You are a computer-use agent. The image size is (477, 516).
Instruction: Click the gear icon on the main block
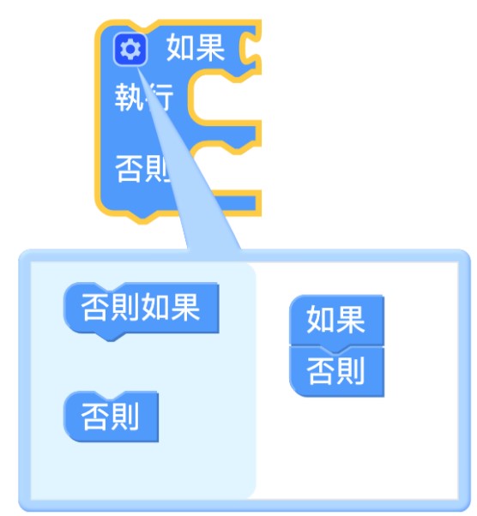[130, 50]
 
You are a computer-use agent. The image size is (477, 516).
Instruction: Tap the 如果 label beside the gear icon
[196, 48]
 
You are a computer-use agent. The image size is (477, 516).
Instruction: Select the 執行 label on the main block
[144, 97]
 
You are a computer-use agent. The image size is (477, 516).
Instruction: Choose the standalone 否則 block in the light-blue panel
[111, 417]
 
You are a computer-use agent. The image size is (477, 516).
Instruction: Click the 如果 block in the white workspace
[336, 320]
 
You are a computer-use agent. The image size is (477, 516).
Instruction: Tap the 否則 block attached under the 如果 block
[336, 372]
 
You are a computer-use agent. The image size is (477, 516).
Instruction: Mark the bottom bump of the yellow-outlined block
[142, 217]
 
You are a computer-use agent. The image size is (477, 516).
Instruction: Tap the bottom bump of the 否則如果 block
[111, 336]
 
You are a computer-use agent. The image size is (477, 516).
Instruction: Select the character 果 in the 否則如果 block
[186, 308]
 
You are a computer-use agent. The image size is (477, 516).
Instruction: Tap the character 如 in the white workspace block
[321, 319]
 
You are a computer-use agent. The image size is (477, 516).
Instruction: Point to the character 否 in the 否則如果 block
[95, 308]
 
